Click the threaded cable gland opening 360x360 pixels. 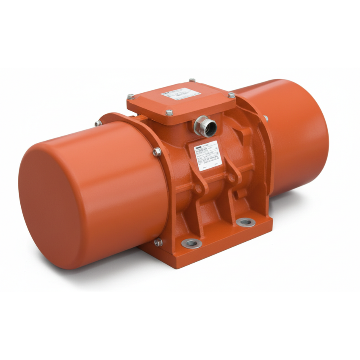[x=204, y=125]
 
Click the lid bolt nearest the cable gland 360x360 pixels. [x=169, y=113]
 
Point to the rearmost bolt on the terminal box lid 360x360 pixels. [x=192, y=80]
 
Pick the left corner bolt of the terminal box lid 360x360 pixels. [x=131, y=97]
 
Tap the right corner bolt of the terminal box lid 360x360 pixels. [x=231, y=95]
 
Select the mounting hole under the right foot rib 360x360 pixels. [x=246, y=222]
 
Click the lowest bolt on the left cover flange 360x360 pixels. [x=158, y=242]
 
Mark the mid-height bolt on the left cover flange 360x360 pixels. [x=157, y=152]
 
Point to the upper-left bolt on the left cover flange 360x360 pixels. [x=98, y=123]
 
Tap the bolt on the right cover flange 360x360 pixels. [x=266, y=118]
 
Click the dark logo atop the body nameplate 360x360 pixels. [x=199, y=145]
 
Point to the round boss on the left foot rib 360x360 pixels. [x=197, y=188]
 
